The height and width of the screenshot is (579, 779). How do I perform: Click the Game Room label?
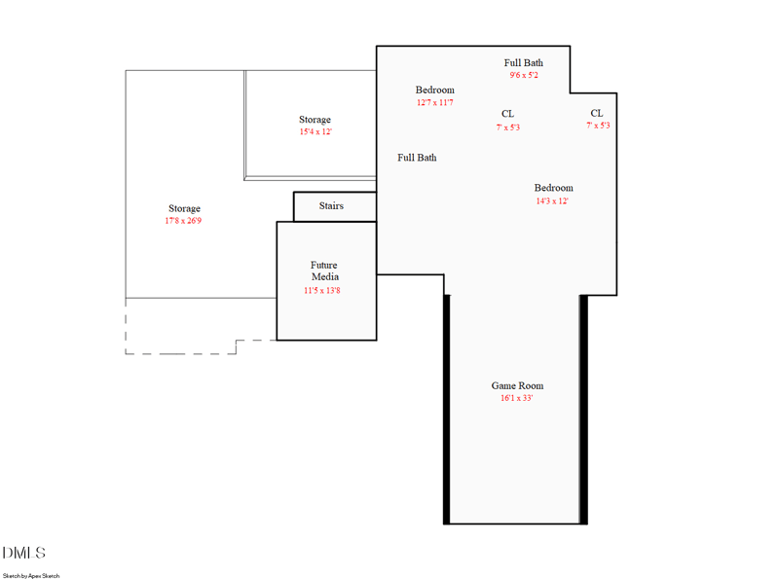click(517, 386)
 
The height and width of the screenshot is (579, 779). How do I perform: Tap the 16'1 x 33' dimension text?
click(517, 398)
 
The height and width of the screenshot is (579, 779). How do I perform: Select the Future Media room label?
click(324, 271)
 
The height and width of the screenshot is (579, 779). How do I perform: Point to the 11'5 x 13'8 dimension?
click(321, 290)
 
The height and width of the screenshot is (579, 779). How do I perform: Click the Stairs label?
click(331, 206)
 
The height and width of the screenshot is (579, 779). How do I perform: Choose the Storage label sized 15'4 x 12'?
click(315, 120)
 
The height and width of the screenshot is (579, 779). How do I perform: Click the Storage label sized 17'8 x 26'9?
click(184, 208)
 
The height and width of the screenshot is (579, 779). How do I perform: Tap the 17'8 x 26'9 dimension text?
click(183, 221)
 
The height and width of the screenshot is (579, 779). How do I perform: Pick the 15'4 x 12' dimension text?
click(315, 131)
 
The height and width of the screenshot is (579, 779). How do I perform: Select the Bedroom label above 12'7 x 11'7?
click(434, 90)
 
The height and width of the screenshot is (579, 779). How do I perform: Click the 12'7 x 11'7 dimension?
click(434, 102)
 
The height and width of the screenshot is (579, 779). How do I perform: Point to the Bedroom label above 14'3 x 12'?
click(553, 188)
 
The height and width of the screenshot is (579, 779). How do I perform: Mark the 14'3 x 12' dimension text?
click(552, 201)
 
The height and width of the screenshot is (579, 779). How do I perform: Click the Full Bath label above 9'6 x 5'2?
click(524, 62)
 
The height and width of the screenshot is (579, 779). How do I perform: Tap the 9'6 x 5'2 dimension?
click(524, 75)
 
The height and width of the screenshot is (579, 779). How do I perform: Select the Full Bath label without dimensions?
click(417, 158)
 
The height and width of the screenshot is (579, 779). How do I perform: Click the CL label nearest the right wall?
click(597, 113)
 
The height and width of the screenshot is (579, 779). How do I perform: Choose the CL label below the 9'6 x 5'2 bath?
click(507, 114)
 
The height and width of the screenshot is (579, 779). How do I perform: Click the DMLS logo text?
click(24, 553)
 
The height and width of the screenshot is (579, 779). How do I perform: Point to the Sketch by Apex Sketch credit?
click(31, 575)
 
